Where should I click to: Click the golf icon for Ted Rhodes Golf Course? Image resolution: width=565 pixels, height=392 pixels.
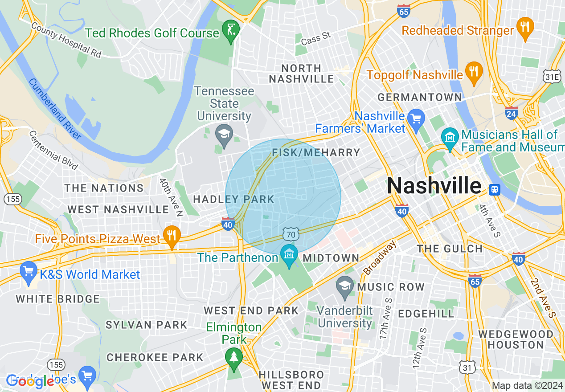(x=231, y=30)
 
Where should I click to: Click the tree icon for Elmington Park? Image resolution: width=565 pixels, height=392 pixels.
(x=233, y=357)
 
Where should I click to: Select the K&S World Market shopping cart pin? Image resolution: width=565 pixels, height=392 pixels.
(x=28, y=271)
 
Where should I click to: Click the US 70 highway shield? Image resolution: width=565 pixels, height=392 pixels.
(x=291, y=233)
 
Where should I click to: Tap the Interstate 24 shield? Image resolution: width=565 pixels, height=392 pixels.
(x=512, y=113)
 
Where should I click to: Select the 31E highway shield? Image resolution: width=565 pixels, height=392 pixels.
(x=552, y=77)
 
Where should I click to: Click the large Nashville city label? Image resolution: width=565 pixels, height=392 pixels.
(x=434, y=185)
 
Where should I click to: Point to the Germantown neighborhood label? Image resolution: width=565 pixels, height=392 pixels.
(x=420, y=97)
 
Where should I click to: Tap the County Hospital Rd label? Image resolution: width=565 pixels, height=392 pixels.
(x=66, y=40)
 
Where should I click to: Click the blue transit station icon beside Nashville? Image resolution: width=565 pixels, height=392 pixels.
(x=494, y=190)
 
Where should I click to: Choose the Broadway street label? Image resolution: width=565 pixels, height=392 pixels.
(x=379, y=258)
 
